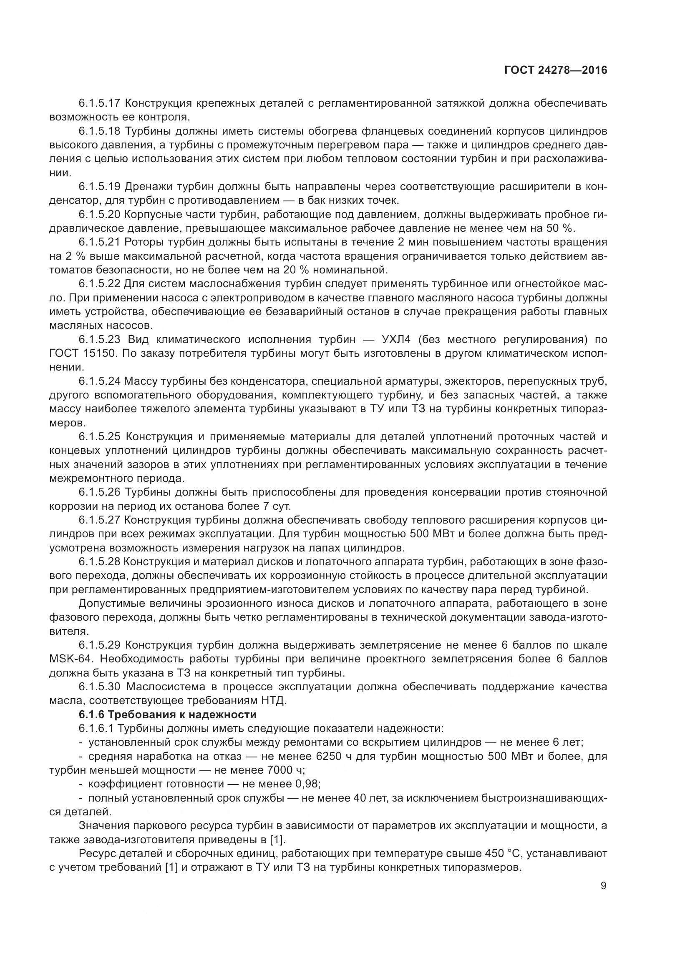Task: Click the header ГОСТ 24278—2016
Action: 556,70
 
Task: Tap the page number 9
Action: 603,886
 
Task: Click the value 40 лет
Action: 370,798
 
